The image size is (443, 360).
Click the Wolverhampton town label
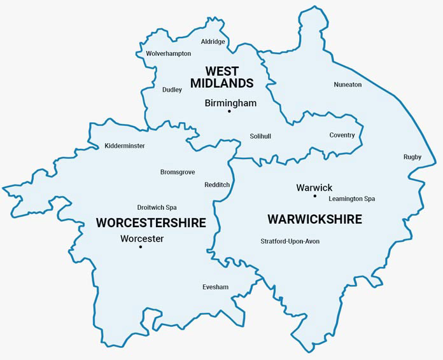[x=168, y=54]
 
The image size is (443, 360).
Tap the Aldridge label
[x=213, y=42]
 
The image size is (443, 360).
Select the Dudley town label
[x=172, y=90]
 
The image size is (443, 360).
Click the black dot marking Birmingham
[x=229, y=112]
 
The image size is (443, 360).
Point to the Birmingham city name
[x=230, y=102]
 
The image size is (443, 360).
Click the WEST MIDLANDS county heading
[x=222, y=77]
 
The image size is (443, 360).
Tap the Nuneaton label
[x=348, y=85]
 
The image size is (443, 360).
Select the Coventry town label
[x=342, y=135]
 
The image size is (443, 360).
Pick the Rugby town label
[x=412, y=157]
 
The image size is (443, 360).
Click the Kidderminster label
[x=125, y=146]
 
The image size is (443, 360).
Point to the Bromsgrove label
[x=178, y=172]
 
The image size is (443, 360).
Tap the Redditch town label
[x=217, y=185]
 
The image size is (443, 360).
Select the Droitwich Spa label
[x=157, y=208]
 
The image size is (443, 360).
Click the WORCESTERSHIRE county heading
[x=151, y=223]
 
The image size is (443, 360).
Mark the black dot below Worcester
[x=141, y=247]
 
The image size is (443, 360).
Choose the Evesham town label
[x=215, y=287]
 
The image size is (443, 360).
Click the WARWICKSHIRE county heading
[x=314, y=219]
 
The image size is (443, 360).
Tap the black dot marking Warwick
[x=314, y=197]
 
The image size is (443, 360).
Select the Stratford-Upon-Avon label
[x=290, y=242]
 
